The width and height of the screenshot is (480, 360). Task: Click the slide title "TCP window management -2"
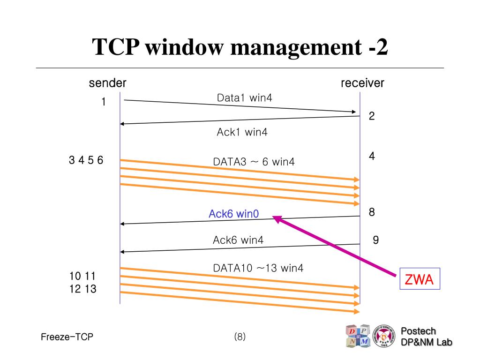coord(240,48)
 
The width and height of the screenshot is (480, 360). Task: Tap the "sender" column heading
coord(108,83)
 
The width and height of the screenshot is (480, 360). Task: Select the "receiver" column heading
coord(362,83)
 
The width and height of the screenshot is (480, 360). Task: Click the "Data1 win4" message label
coord(244,98)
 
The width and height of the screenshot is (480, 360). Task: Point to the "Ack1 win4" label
coord(242,132)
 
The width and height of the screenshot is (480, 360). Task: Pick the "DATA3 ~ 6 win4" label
coord(254,162)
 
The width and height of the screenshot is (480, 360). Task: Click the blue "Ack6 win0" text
coord(233,214)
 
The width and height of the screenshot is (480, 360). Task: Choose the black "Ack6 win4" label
coord(238,240)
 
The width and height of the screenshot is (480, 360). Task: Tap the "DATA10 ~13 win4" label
coord(258,268)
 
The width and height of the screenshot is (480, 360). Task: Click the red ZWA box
coord(419,280)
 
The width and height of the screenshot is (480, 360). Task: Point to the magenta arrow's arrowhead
coord(277,218)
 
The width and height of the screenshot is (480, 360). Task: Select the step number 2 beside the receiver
coord(372,116)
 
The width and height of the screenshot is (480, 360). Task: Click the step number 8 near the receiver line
coord(372,212)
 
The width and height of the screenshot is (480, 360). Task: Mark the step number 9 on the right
coord(375,240)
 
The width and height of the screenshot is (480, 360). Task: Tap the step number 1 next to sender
coord(104,102)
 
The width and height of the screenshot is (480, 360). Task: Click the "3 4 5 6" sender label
coord(86,160)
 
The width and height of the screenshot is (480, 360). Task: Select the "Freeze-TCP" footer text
coord(67,337)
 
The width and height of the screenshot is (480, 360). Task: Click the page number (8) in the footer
coord(240,337)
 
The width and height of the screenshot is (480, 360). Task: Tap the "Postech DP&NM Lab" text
coord(427,337)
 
